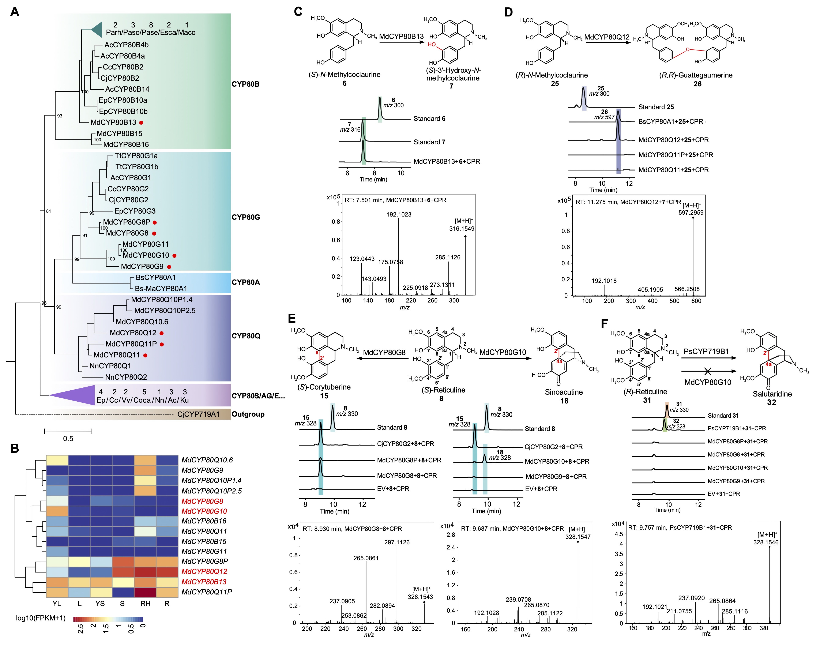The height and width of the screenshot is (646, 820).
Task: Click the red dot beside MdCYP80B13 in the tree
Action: click(141, 123)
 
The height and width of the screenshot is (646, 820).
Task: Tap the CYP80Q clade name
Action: click(246, 336)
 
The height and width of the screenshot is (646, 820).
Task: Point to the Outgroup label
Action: click(248, 414)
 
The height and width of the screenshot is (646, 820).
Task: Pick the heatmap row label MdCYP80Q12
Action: click(204, 571)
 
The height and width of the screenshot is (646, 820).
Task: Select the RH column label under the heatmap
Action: click(145, 604)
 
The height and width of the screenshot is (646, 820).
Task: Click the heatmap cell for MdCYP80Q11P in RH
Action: click(145, 592)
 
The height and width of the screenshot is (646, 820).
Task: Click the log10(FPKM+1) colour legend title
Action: click(41, 618)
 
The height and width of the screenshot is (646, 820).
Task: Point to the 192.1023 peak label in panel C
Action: click(399, 214)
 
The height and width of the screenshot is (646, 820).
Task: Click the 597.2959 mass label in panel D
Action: click(691, 213)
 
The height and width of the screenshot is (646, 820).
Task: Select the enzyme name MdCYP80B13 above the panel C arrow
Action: click(401, 36)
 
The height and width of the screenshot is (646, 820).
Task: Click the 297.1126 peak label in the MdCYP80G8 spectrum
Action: click(397, 542)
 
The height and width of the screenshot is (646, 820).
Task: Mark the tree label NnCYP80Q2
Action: click(126, 377)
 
